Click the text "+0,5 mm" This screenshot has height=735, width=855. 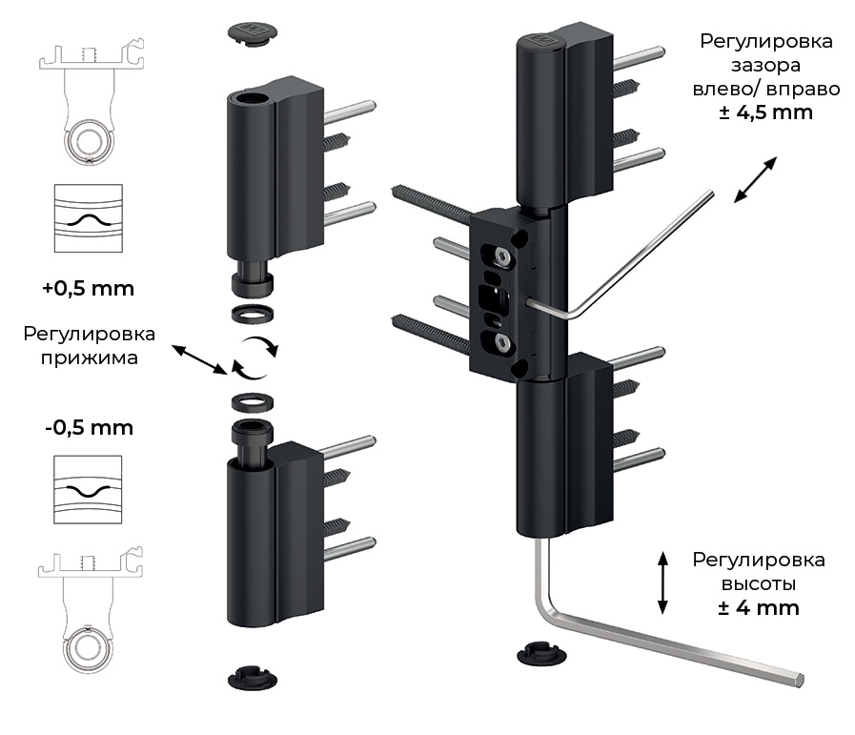pyautogui.click(x=89, y=288)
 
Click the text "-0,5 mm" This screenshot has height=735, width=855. pyautogui.click(x=89, y=428)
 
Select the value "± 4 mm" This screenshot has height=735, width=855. pyautogui.click(x=759, y=607)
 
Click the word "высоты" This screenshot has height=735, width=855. pyautogui.click(x=759, y=583)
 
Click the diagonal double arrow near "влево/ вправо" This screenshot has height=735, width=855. pyautogui.click(x=754, y=181)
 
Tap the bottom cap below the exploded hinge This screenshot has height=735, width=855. pyautogui.click(x=253, y=679)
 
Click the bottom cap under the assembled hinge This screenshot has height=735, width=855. pyautogui.click(x=540, y=656)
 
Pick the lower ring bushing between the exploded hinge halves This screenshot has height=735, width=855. pyautogui.click(x=253, y=401)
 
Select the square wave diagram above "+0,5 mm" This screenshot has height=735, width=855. pyautogui.click(x=89, y=218)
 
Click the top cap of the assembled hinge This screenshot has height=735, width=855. pyautogui.click(x=540, y=41)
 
